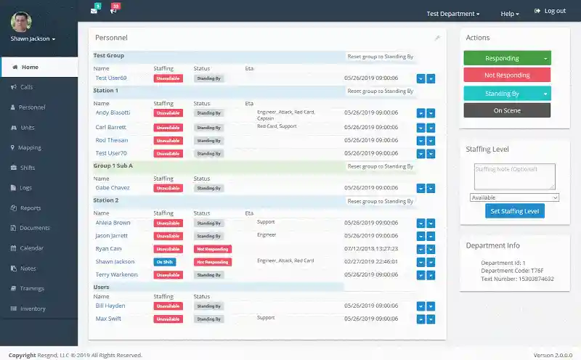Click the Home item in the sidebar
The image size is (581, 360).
point(30,67)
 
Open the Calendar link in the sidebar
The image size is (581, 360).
point(31,248)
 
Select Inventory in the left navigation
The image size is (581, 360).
point(33,308)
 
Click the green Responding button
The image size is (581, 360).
point(502,58)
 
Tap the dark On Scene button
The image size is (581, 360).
point(507,110)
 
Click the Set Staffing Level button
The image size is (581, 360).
point(514,211)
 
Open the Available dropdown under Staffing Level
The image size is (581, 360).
point(514,197)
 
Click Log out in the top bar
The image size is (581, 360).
point(550,11)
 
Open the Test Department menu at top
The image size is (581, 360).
point(452,14)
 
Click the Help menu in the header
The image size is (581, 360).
point(510,14)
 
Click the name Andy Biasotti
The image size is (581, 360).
point(113,112)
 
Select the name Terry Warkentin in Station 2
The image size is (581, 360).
point(116,275)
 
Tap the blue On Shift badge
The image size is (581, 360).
point(164,261)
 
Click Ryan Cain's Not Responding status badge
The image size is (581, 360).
point(212,249)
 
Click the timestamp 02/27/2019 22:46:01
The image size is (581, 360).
point(371,261)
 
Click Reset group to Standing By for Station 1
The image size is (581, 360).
point(380,91)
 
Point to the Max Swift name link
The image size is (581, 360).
point(108,319)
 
